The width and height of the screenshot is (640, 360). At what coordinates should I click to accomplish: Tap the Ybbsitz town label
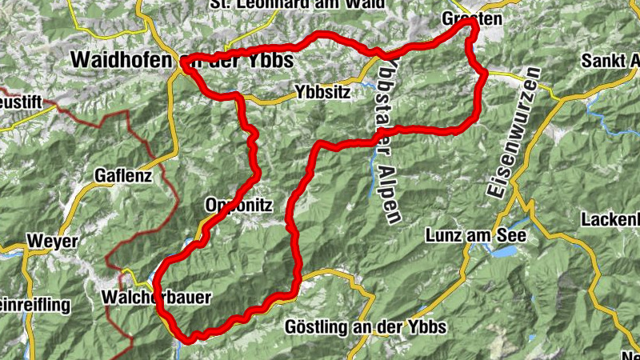(x=322, y=92)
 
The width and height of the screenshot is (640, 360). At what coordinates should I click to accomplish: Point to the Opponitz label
(x=238, y=206)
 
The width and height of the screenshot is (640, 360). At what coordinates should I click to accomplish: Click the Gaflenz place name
(x=122, y=175)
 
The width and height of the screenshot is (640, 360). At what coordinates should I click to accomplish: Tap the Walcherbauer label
(x=157, y=298)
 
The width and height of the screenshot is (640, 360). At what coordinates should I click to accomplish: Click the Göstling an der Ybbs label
(x=364, y=328)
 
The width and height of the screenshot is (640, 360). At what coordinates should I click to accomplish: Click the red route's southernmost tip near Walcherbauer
(x=190, y=339)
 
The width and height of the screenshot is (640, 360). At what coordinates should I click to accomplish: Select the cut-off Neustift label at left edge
(x=16, y=105)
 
